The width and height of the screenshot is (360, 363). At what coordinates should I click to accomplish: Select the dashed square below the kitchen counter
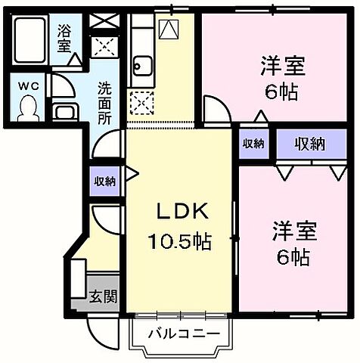pyautogui.click(x=141, y=101)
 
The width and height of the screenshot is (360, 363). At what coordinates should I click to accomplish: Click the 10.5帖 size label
pyautogui.click(x=178, y=243)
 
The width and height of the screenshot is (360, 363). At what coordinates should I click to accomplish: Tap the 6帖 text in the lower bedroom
pyautogui.click(x=291, y=256)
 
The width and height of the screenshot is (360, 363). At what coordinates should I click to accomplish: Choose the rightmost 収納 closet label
pyautogui.click(x=310, y=144)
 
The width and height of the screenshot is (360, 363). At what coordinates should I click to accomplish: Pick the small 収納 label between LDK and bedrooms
pyautogui.click(x=253, y=144)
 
